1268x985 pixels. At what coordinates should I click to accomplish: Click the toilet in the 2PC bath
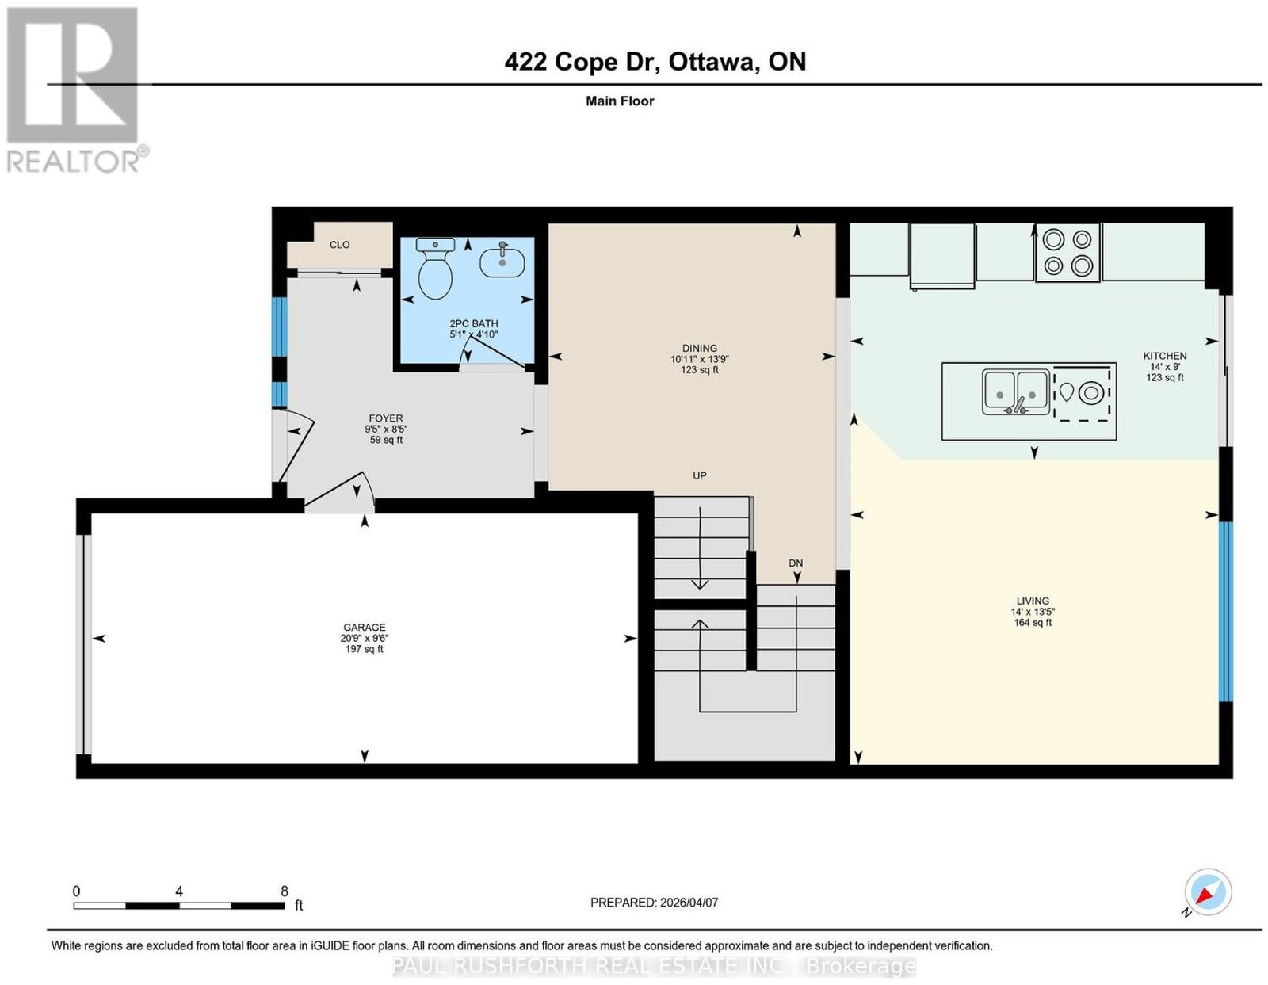(435, 268)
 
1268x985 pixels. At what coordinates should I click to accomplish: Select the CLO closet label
(340, 245)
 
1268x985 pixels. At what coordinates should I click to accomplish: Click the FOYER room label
(386, 418)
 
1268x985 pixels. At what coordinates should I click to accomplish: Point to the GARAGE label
(364, 627)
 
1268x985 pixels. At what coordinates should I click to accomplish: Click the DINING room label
(700, 348)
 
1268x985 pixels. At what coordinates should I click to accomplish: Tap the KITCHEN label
(1165, 356)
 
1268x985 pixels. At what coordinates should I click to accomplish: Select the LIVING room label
(1033, 601)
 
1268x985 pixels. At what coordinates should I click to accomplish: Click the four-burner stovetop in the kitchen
(1067, 253)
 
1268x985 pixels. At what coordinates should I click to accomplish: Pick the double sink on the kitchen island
(1017, 392)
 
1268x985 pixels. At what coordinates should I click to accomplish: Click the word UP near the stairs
(700, 476)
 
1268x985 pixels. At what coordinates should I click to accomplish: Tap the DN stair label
(796, 563)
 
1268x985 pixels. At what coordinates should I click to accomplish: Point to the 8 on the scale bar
(285, 891)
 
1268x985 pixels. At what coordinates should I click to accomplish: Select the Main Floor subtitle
(620, 101)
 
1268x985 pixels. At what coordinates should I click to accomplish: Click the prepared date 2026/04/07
(689, 903)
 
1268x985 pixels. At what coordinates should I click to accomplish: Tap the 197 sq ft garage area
(364, 649)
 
